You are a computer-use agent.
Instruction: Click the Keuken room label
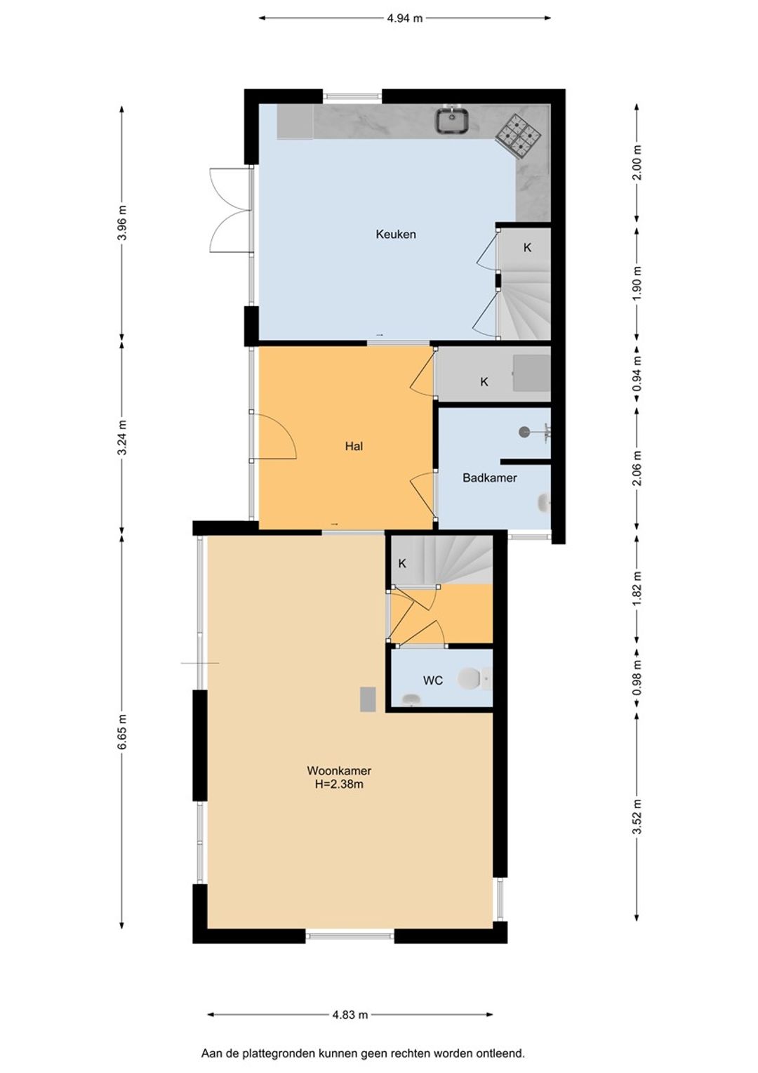[x=396, y=235]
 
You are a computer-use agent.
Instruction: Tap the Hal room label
[x=354, y=446]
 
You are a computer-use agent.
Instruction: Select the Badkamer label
[x=489, y=478]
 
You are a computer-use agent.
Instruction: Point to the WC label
[x=432, y=680]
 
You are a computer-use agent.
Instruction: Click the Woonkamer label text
[x=339, y=771]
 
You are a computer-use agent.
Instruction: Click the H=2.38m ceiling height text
[x=339, y=784]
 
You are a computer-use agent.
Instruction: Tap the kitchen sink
[x=451, y=120]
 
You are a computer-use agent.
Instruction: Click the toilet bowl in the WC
[x=470, y=678]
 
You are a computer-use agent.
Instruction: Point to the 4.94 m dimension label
[x=405, y=18]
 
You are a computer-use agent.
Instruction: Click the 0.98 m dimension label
[x=637, y=679]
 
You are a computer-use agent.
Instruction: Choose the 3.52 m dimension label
[x=637, y=816]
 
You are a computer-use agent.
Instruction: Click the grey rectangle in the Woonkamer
[x=368, y=699]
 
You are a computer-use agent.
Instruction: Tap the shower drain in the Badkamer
[x=524, y=432]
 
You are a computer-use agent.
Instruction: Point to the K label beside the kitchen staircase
[x=527, y=248]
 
